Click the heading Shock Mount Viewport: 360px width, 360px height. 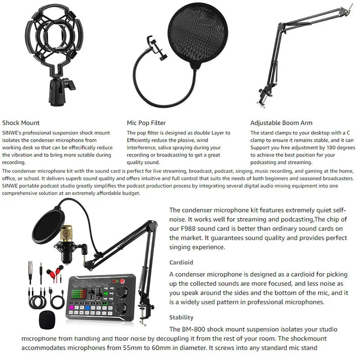tap(21, 123)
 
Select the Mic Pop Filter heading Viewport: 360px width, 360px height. tap(146, 123)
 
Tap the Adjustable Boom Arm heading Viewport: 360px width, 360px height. tap(281, 123)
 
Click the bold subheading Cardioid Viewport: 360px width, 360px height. tap(181, 262)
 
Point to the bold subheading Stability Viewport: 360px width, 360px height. tap(181, 317)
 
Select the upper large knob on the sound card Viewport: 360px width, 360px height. tap(122, 292)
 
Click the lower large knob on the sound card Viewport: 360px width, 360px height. tap(122, 308)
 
